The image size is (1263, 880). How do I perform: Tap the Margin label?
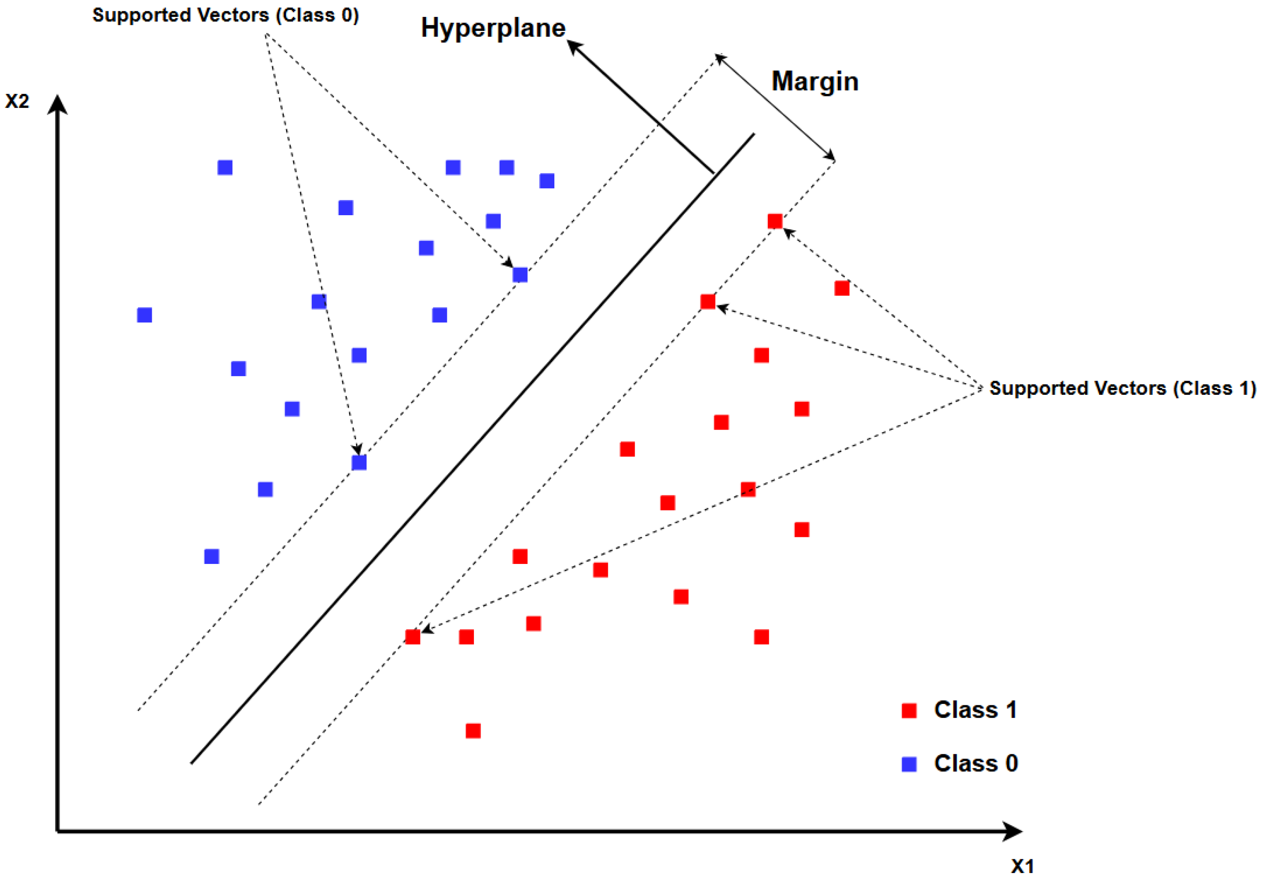[815, 81]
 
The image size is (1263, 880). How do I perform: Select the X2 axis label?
[17, 101]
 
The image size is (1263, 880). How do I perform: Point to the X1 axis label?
[1022, 866]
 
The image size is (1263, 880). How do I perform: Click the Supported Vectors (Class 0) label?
[226, 15]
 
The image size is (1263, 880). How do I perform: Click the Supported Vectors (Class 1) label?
[1122, 388]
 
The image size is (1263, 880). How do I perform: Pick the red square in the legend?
[909, 710]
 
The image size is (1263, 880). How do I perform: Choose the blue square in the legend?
[909, 764]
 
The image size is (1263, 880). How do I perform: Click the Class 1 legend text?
[975, 710]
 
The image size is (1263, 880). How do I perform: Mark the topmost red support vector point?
[774, 221]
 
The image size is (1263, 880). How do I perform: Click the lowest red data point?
[473, 731]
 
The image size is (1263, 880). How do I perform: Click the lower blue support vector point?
[359, 463]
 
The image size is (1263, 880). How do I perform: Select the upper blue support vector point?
[520, 274]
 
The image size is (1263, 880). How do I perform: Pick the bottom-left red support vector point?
[413, 637]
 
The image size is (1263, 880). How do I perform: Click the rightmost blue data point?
[547, 181]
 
